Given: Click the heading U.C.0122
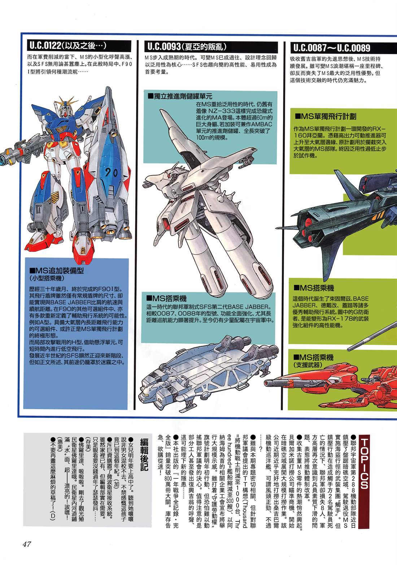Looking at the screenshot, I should [67, 46].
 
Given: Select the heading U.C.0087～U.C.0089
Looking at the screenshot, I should [332, 48].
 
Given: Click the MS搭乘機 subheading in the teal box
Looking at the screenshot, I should [166, 298].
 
